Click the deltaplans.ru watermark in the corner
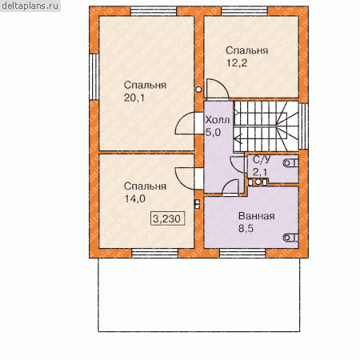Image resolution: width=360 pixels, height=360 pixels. (x=30, y=6)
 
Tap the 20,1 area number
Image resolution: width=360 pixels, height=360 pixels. (x=134, y=98)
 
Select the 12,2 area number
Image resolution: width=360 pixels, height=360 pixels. (x=237, y=63)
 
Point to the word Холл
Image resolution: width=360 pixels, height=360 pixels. (x=218, y=120)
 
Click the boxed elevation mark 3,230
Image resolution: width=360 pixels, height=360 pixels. (x=167, y=219)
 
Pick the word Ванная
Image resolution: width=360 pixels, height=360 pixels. (x=257, y=216)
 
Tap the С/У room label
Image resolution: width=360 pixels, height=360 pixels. (x=262, y=160)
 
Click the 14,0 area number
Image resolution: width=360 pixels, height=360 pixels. (x=135, y=198)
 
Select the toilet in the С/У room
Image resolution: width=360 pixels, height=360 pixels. (x=291, y=162)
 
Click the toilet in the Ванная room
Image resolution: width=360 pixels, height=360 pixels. (x=291, y=238)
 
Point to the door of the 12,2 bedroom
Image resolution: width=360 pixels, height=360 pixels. (x=218, y=90)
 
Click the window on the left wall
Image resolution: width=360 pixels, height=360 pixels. (x=94, y=77)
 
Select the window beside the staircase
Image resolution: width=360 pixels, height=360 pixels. (x=303, y=126)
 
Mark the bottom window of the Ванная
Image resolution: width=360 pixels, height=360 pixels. (x=242, y=253)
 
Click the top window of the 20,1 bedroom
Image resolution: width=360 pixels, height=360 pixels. (x=154, y=11)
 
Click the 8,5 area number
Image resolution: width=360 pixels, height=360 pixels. (x=246, y=229)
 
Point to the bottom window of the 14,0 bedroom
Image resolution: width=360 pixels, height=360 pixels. (x=155, y=253)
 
